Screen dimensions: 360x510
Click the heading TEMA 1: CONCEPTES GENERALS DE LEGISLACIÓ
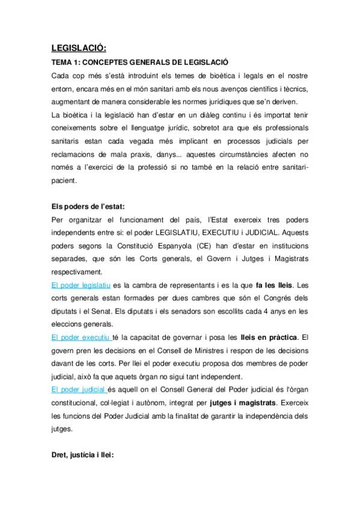coord(139,63)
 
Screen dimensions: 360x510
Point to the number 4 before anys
coord(263,311)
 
